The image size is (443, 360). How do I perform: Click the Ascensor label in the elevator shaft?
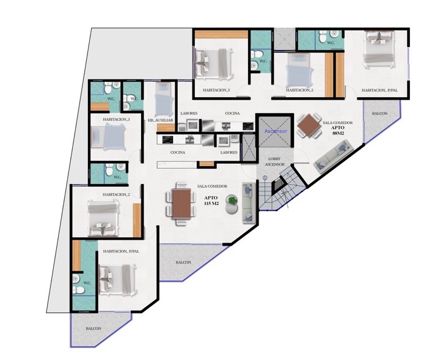276,131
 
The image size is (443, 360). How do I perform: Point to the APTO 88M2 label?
337,130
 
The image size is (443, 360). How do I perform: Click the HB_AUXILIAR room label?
161,120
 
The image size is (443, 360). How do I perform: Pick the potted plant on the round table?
233,200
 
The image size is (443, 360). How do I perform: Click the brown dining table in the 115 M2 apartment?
181,204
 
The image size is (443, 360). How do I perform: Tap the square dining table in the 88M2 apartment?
309,125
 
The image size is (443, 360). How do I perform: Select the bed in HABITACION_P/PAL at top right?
379,49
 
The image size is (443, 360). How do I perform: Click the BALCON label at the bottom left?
93,329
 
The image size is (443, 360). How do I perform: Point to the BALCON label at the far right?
379,113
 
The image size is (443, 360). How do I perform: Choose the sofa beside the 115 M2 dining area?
249,203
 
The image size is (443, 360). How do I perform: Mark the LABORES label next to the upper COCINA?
189,113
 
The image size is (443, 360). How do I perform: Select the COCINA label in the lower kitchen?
178,152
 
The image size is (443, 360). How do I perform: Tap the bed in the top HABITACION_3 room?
214,64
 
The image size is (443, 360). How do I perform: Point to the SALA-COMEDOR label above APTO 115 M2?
212,186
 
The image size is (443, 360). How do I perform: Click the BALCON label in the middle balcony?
183,262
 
